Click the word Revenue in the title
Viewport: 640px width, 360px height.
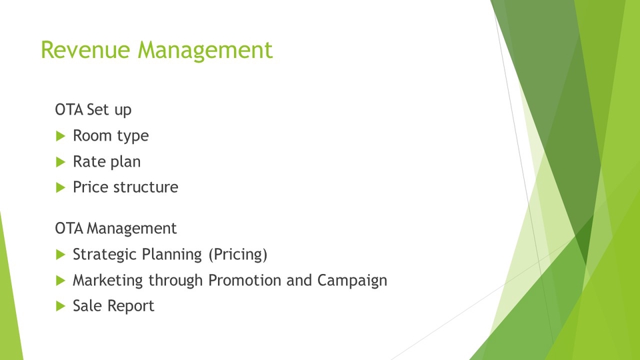(x=85, y=50)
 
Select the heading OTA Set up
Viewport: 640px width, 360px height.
(x=93, y=110)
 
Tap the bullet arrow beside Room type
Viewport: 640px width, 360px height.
(x=61, y=136)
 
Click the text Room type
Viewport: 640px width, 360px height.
(x=111, y=136)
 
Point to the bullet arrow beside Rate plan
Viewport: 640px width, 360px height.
(x=61, y=162)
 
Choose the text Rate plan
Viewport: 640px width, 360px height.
(x=107, y=162)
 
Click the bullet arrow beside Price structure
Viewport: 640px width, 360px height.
(x=61, y=188)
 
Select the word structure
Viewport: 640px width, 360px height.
(x=146, y=187)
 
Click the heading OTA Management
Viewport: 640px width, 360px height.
(x=116, y=229)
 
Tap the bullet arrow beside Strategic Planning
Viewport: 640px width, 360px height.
(x=61, y=255)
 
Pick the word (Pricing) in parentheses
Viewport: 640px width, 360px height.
(x=238, y=255)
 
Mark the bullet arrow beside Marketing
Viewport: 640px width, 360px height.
(x=61, y=281)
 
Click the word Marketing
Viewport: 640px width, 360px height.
(x=108, y=281)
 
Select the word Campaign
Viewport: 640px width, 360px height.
(x=352, y=281)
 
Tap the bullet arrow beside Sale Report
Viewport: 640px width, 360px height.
(x=61, y=306)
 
